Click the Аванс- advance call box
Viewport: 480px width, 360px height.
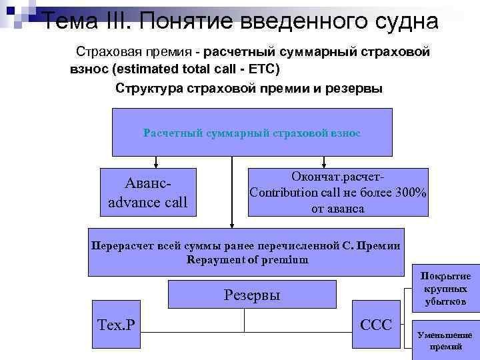(148, 192)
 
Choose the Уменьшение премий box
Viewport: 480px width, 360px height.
(445, 341)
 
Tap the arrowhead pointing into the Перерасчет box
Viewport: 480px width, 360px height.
(232, 225)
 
